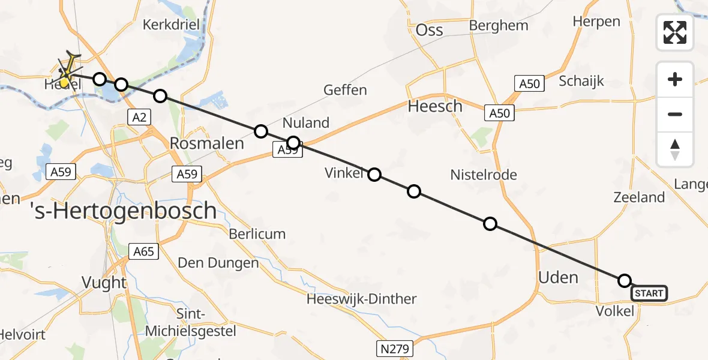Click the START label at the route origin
coord(649,293)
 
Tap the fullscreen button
coord(675,32)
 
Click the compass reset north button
coord(675,149)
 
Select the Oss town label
coord(429,30)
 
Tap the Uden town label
coord(559,277)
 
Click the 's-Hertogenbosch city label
coord(123,211)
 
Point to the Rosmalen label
coord(207,143)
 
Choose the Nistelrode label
coord(484,175)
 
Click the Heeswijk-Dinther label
coord(361,299)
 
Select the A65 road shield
coord(144,251)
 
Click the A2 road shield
coord(139,117)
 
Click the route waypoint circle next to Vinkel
coord(374,175)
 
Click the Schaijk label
coord(581,81)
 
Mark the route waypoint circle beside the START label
coord(625,281)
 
